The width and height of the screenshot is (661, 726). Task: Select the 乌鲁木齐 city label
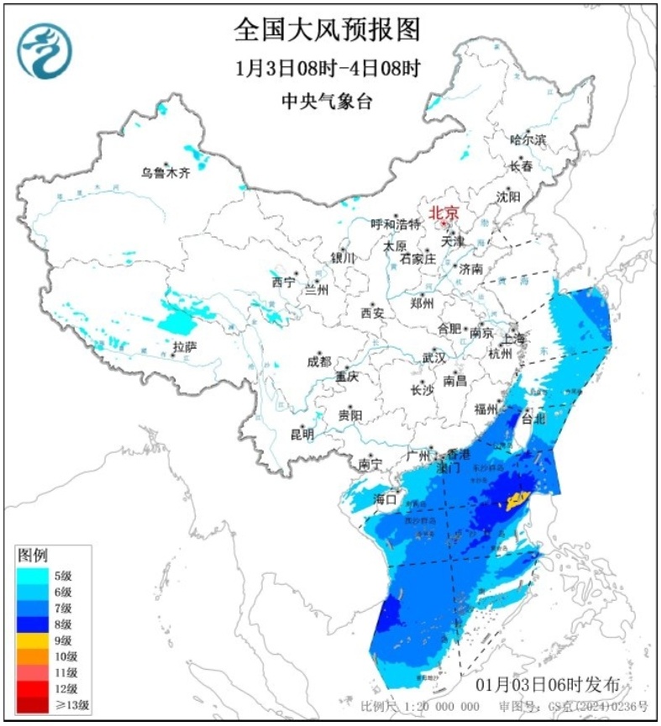click(x=165, y=174)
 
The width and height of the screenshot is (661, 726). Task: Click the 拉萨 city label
click(x=185, y=346)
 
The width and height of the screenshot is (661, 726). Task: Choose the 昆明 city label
click(x=302, y=434)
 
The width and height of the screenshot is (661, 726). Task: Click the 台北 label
click(x=533, y=418)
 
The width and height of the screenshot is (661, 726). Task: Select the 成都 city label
click(x=319, y=362)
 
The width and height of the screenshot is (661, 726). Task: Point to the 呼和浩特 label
click(x=396, y=224)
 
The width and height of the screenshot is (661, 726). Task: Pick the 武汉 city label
click(x=434, y=357)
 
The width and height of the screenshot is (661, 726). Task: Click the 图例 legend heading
click(x=34, y=555)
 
